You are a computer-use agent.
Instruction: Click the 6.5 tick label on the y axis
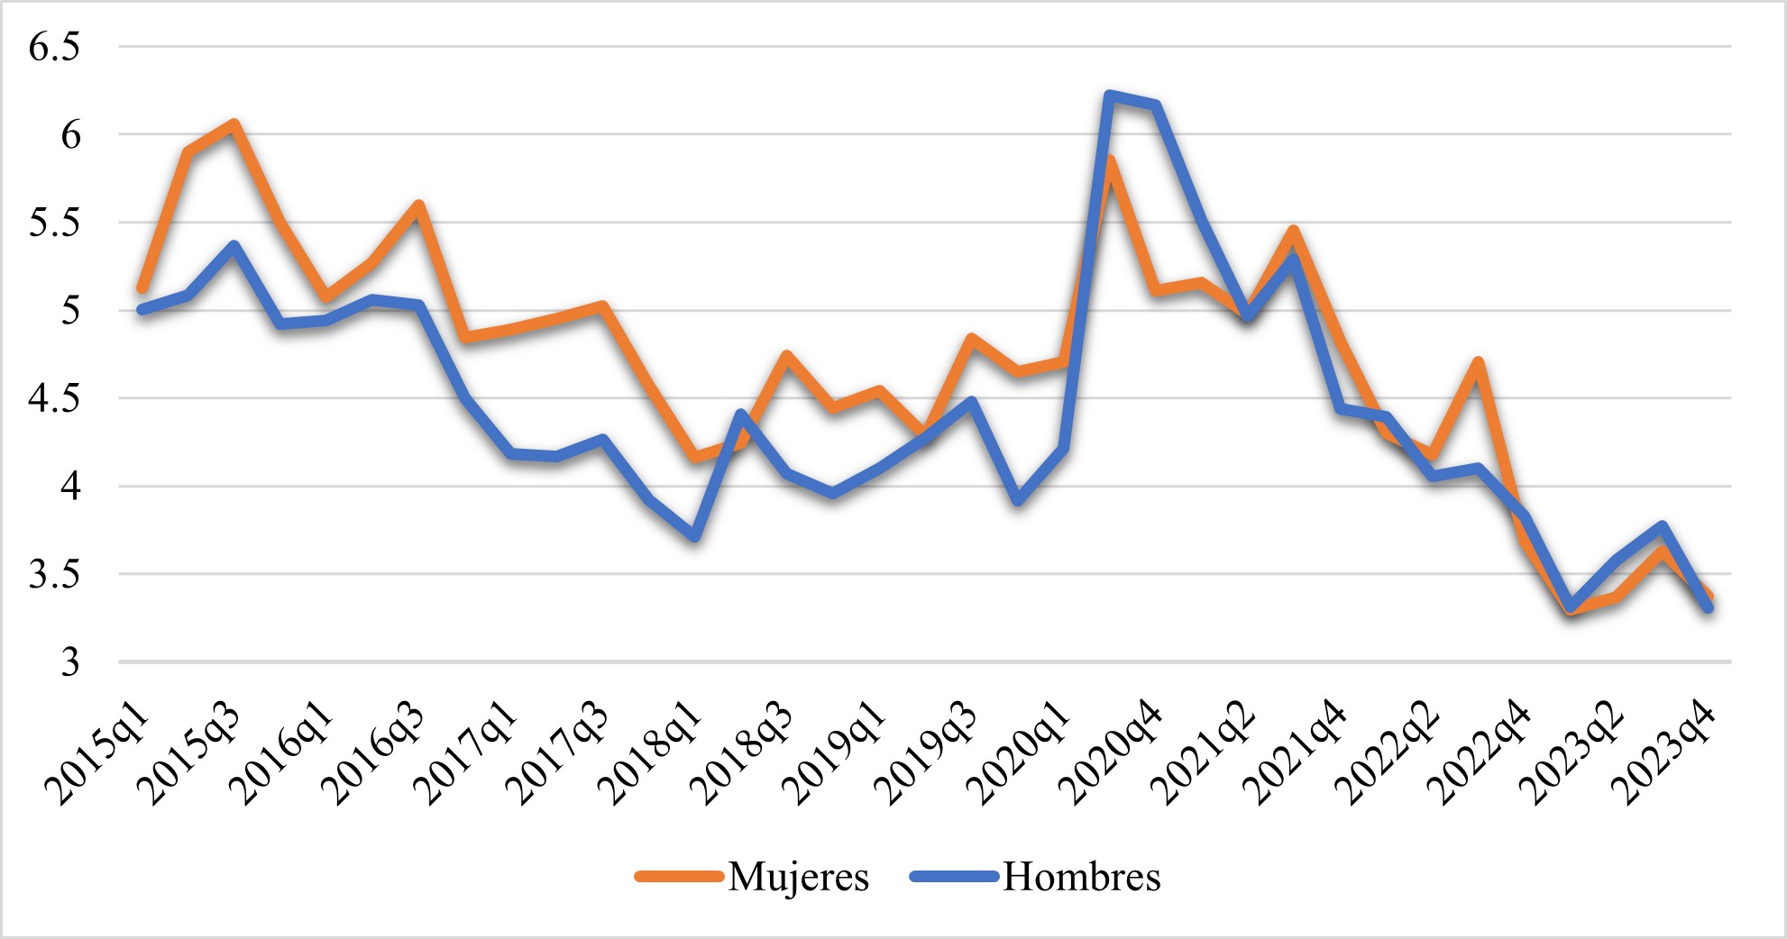point(54,47)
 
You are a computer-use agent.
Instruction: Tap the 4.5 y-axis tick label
point(54,398)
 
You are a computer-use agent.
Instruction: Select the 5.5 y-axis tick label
point(54,223)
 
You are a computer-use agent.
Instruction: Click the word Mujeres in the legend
point(799,877)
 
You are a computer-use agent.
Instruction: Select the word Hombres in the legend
point(1082,877)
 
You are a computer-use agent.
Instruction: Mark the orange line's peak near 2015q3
point(234,123)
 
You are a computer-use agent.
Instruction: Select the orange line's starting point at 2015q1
point(142,289)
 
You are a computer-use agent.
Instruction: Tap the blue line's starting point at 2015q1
point(142,310)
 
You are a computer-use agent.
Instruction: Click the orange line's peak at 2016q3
point(418,205)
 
